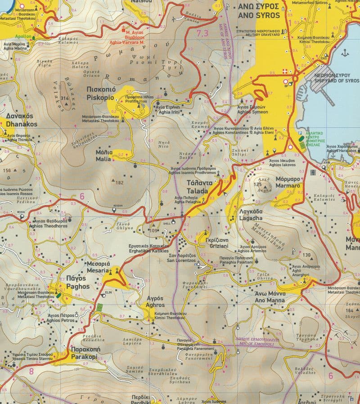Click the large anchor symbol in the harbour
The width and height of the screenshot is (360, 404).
click(345, 53)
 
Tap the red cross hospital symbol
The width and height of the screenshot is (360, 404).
click(296, 72)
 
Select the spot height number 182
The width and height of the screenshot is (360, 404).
click(119, 183)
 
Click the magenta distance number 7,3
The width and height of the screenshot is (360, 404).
click(202, 33)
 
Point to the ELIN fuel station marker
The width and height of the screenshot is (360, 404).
click(108, 293)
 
